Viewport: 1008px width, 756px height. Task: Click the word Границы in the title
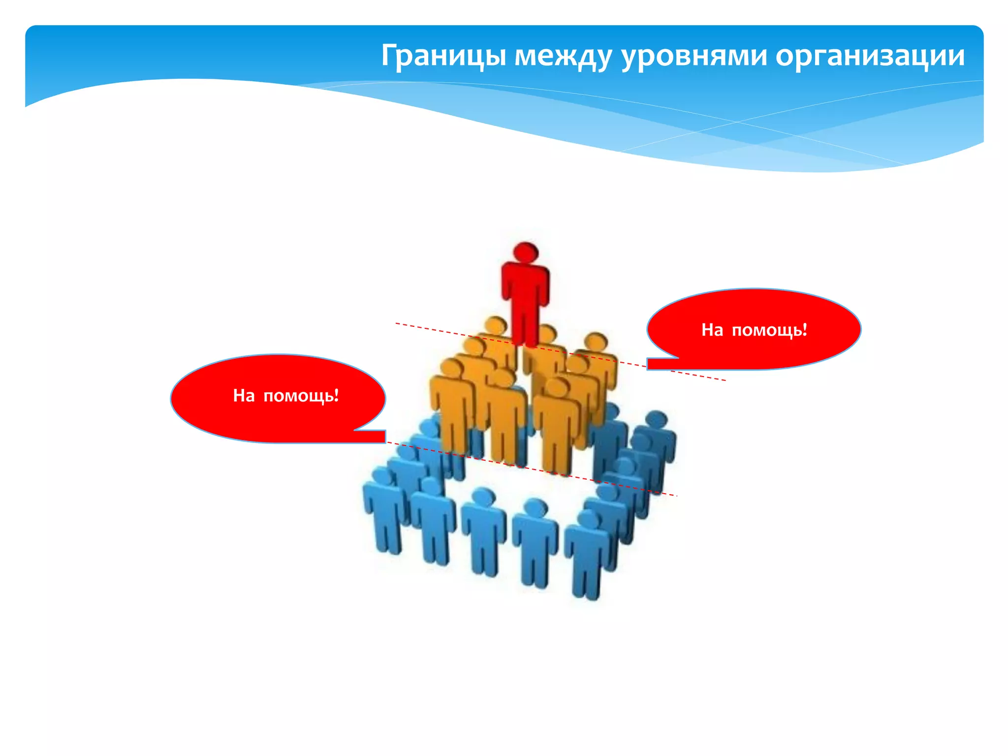point(443,56)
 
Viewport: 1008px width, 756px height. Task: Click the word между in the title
point(563,56)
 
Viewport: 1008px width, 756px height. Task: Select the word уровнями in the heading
point(694,56)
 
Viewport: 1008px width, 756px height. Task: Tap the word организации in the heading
point(870,56)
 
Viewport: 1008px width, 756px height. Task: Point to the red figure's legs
point(525,325)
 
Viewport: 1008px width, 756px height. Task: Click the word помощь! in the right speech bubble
point(769,330)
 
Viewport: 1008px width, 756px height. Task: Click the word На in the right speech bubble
point(712,330)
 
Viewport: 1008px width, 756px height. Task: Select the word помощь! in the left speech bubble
point(301,395)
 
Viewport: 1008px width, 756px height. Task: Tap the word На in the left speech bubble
point(244,395)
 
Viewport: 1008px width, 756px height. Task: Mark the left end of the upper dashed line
point(397,323)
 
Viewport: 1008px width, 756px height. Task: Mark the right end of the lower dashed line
point(676,496)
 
